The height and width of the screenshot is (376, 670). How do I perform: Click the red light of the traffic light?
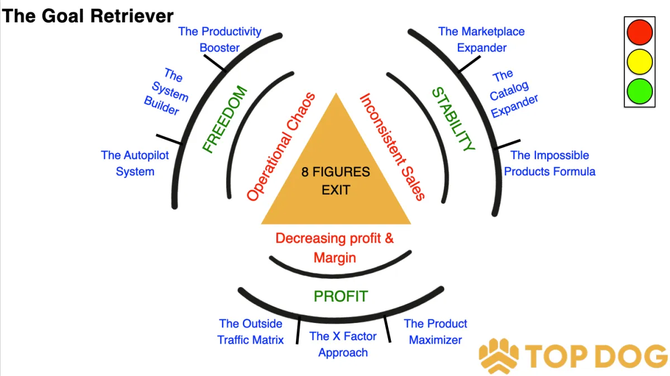coord(639,32)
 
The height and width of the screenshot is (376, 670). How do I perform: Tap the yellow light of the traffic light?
coord(639,61)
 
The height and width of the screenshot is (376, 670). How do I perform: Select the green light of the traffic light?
coord(639,90)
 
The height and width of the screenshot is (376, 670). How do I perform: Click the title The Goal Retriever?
coord(88,15)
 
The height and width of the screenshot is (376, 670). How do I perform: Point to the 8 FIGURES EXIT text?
coord(336,180)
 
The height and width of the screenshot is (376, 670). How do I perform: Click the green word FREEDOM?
coord(224,120)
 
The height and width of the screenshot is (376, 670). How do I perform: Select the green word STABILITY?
coord(453,119)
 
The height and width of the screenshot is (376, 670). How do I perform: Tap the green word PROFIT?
coord(341,296)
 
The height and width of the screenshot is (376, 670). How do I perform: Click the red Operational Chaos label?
coord(281,147)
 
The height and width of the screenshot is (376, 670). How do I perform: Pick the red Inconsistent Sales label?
coord(392,146)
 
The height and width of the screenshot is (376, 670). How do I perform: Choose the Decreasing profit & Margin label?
coord(335,248)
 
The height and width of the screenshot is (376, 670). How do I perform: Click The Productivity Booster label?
coord(219,40)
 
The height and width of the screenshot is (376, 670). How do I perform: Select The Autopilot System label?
coord(135,163)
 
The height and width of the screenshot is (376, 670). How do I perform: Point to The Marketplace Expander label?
coord(481,40)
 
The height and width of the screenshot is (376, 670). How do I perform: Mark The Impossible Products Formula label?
coord(550,163)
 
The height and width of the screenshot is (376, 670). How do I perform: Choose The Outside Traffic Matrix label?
coord(251,331)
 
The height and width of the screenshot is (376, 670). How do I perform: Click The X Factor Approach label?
coord(343,344)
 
